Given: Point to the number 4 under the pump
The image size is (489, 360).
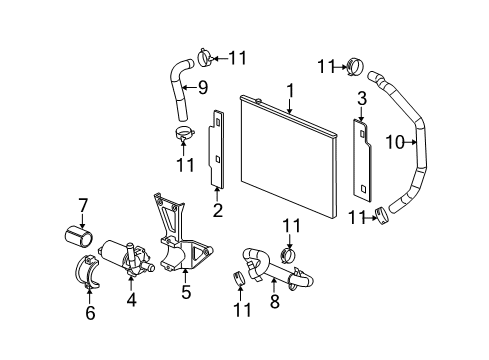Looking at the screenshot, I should coord(130,297).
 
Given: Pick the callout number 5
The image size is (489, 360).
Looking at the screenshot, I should coord(184,293).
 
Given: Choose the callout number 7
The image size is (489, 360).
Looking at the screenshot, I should coord(83,206).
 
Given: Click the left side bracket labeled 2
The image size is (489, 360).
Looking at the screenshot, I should coord(215,155).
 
